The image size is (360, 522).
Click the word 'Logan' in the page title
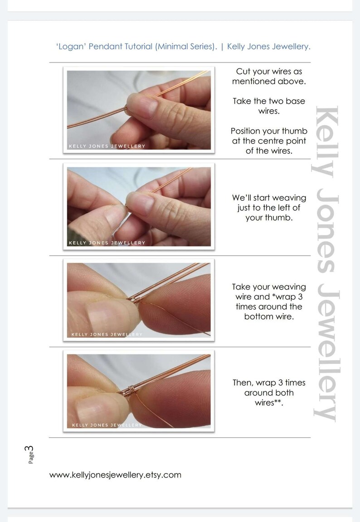68,47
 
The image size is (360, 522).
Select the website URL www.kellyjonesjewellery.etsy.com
115,475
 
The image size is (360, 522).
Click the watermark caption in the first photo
107,146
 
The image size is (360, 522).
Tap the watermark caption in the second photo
107,243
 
